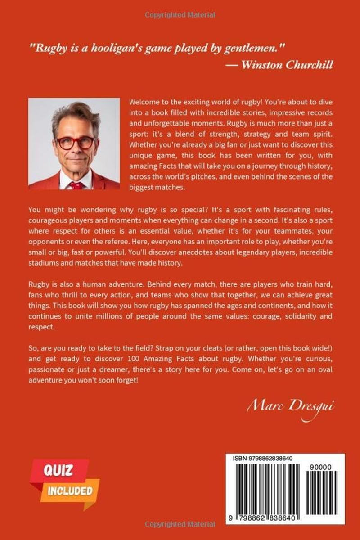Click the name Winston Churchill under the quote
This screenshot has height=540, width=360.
[287, 65]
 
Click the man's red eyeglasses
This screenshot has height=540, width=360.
[75, 143]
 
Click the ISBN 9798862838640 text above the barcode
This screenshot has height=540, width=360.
[263, 458]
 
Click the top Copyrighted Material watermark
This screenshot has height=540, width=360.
[180, 15]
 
